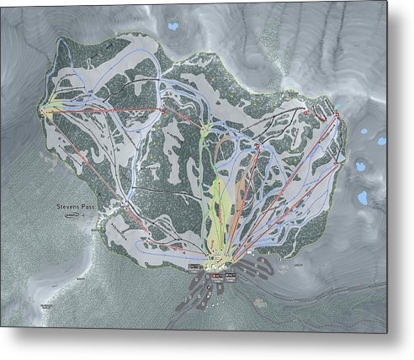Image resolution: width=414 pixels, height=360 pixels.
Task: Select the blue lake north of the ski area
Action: click(173, 26)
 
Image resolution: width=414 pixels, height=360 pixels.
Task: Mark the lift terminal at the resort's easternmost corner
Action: click(336, 114)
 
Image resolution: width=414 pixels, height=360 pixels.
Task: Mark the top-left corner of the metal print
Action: click(2, 2)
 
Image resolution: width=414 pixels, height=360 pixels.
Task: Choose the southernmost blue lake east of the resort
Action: click(363, 199)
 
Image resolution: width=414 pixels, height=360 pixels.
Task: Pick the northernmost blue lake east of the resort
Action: click(363, 131)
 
